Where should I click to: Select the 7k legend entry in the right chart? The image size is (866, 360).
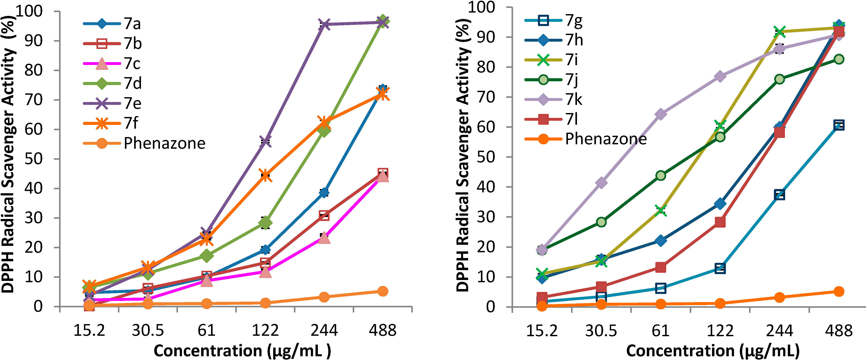[573, 100]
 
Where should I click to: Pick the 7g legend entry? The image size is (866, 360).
[573, 20]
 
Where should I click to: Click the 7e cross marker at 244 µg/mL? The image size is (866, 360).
[324, 24]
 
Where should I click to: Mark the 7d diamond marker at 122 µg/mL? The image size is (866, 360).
[265, 223]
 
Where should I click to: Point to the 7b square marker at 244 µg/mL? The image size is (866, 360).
[324, 215]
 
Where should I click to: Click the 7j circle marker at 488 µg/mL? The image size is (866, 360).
[839, 59]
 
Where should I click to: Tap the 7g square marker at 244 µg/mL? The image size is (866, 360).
[779, 194]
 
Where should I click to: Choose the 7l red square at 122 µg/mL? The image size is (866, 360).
[720, 222]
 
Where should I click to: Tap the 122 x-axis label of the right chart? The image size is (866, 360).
[720, 330]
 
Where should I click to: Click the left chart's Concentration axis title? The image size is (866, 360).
[242, 351]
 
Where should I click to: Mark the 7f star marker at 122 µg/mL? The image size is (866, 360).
[265, 175]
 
